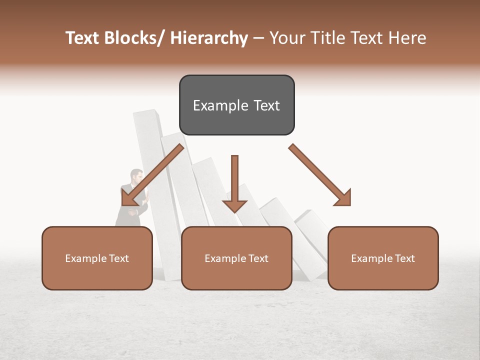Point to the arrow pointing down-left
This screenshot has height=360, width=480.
coord(152,175)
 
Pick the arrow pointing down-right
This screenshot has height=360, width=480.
coord(320,175)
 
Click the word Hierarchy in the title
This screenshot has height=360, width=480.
coord(208,38)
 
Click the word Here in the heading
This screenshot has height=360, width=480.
coord(407,38)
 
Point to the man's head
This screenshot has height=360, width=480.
coord(136,176)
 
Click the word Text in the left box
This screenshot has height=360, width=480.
coord(119,258)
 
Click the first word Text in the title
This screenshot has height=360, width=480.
coord(83,38)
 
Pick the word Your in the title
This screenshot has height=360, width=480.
coord(287,38)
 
